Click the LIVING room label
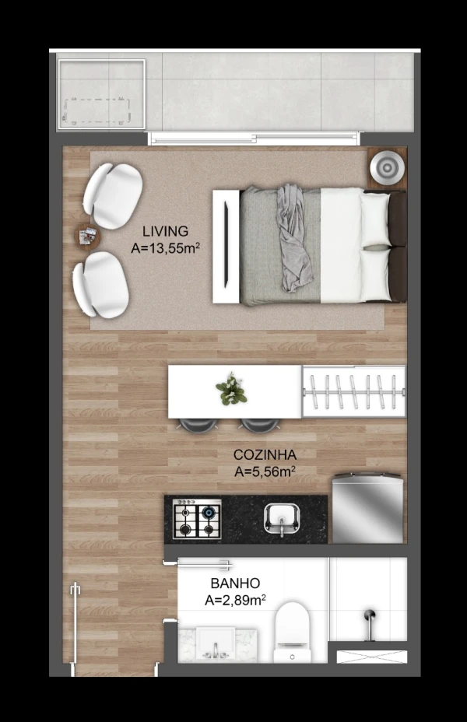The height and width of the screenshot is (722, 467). (165, 231)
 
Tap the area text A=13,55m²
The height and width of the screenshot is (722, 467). (165, 247)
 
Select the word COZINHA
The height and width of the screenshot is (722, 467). (265, 455)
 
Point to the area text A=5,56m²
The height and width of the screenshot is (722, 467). (265, 471)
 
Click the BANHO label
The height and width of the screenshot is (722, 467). (235, 584)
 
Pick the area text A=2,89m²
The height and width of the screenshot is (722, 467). (235, 600)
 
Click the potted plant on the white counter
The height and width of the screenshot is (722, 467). (232, 390)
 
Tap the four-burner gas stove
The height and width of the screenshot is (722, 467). (197, 519)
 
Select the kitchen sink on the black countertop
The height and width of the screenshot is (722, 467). (282, 518)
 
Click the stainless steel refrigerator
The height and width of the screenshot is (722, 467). (368, 508)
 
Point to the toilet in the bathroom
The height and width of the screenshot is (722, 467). (293, 633)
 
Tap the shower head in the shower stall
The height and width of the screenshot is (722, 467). (370, 623)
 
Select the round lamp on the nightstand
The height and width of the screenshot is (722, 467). (387, 168)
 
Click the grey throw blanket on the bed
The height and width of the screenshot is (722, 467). (291, 237)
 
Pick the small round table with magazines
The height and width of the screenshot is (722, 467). (87, 237)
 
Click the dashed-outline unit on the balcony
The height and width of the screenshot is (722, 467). (98, 111)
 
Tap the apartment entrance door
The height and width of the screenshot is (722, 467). (75, 624)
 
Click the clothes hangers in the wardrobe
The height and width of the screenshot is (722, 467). (353, 392)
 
